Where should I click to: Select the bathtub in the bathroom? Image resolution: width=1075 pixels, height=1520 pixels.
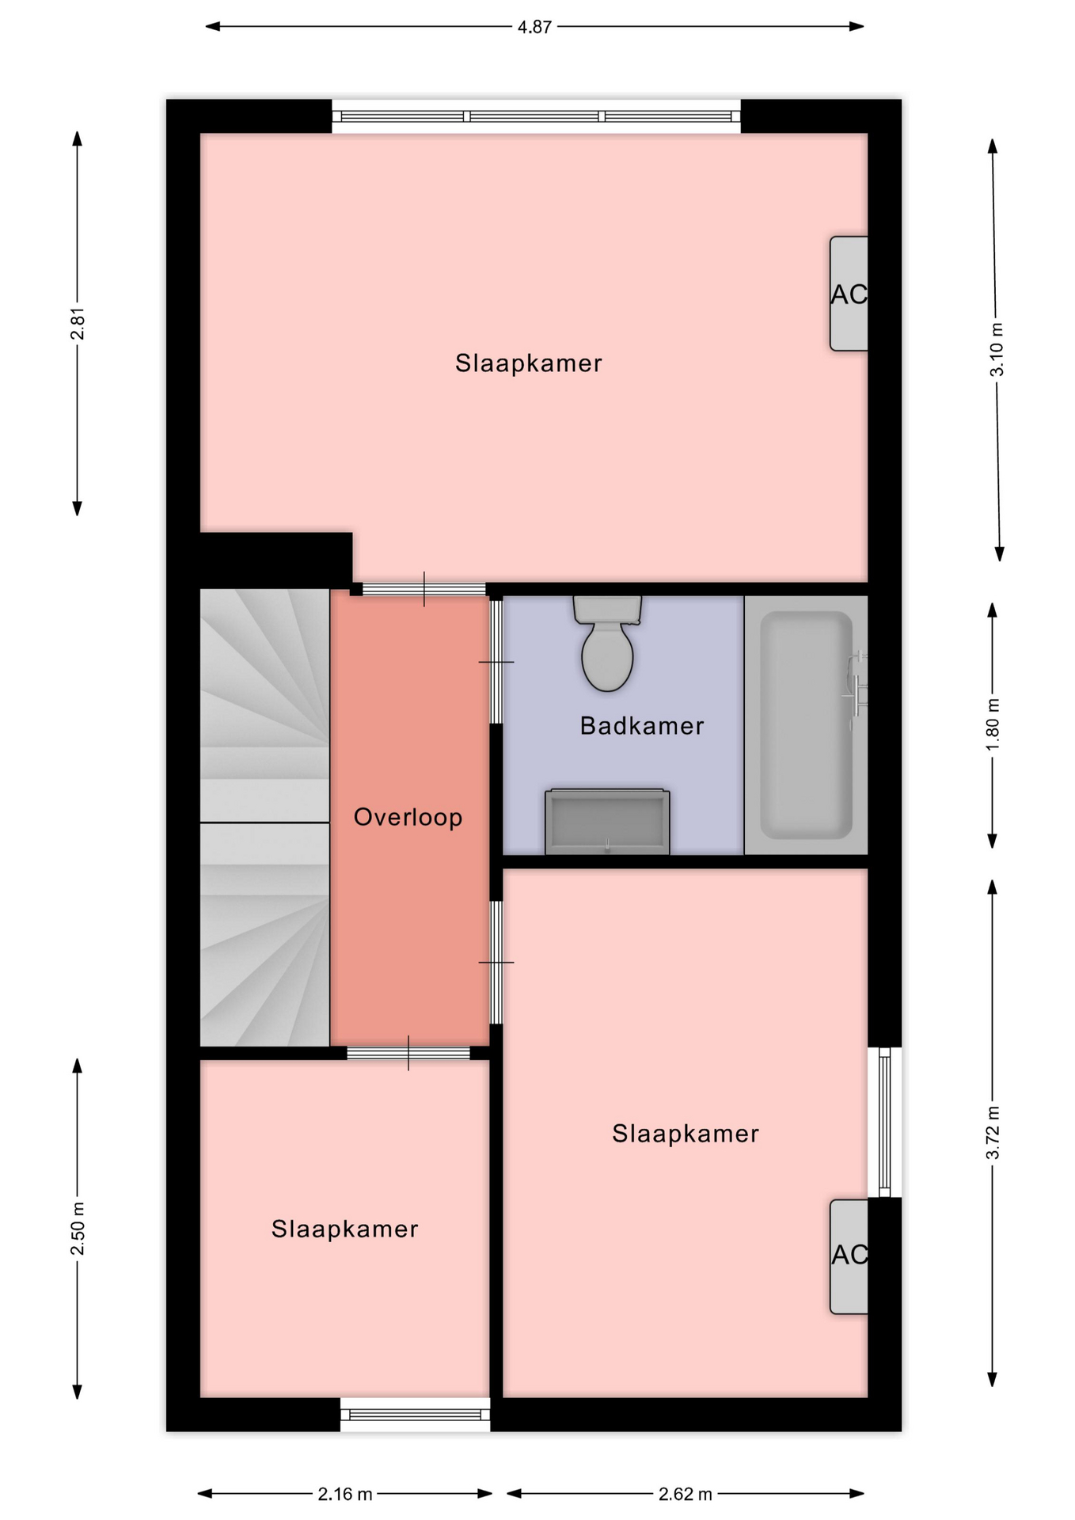[x=806, y=725]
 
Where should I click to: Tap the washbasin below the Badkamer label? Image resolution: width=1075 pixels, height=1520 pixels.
[x=607, y=822]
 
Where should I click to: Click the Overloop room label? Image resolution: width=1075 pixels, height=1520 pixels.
[x=408, y=817]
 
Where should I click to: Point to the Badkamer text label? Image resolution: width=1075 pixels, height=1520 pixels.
[x=642, y=726]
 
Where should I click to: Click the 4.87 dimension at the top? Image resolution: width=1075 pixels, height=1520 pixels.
[x=534, y=27]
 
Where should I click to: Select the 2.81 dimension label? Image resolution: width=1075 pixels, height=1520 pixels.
[x=78, y=323]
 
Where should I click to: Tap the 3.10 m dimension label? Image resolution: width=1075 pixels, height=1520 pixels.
[x=997, y=349]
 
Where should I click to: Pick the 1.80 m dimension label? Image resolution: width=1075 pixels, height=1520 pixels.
[x=993, y=725]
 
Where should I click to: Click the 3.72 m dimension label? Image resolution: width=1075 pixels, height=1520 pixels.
[x=993, y=1133]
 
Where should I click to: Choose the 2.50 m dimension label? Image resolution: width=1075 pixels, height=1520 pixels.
[x=78, y=1228]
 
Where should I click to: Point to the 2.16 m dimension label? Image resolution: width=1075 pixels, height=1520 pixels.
[x=345, y=1494]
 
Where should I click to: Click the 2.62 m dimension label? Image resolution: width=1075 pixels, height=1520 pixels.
[x=686, y=1494]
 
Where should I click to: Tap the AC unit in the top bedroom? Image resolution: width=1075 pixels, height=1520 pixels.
[x=849, y=294]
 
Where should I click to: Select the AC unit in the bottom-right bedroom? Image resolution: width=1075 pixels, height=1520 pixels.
[x=849, y=1256]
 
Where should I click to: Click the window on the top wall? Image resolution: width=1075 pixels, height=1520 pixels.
[x=536, y=116]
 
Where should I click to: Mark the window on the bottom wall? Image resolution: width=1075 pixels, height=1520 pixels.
[x=415, y=1414]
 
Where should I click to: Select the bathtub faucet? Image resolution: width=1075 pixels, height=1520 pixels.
[x=857, y=690]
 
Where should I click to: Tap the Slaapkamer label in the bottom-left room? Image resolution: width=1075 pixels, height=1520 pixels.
[x=345, y=1229]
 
